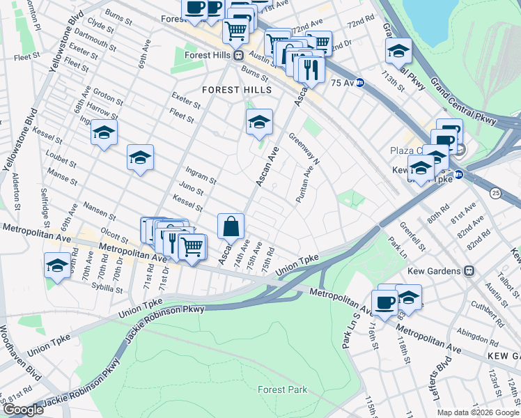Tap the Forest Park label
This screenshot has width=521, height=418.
click(282, 389)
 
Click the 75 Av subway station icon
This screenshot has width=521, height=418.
click(360, 82)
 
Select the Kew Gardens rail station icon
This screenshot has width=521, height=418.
click(469, 270)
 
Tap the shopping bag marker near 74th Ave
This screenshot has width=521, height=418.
click(231, 226)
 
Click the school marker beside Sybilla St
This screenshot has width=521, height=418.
click(57, 265)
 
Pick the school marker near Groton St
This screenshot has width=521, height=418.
click(104, 133)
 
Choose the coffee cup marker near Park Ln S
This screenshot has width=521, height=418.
click(384, 302)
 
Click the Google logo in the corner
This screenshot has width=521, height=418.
click(23, 410)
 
